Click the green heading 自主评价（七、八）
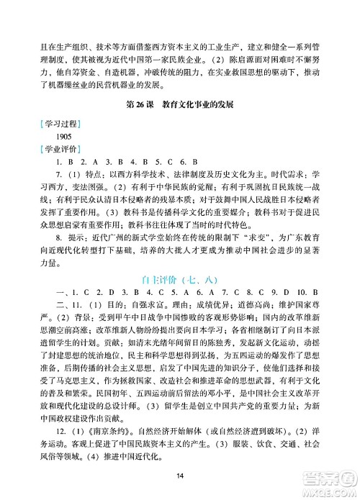pos(180,267)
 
